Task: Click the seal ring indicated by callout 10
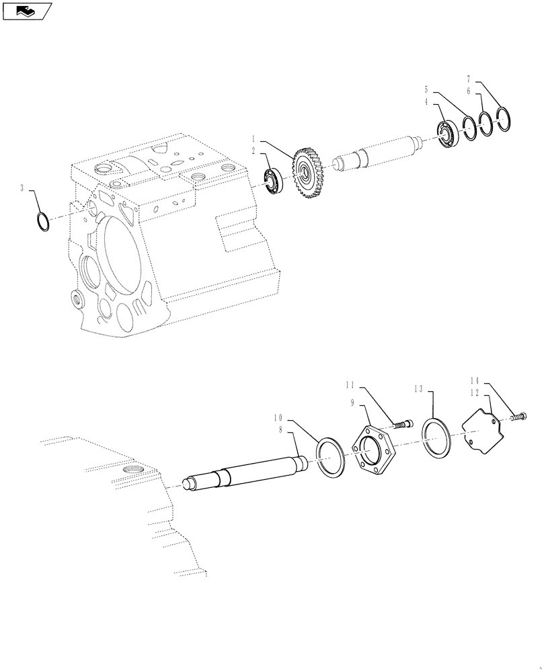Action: click(x=330, y=458)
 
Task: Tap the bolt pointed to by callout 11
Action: click(x=401, y=425)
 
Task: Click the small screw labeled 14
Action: click(x=518, y=418)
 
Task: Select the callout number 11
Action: click(x=350, y=384)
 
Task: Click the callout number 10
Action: click(x=277, y=417)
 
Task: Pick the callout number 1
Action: click(x=253, y=142)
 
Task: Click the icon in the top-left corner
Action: click(x=27, y=10)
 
